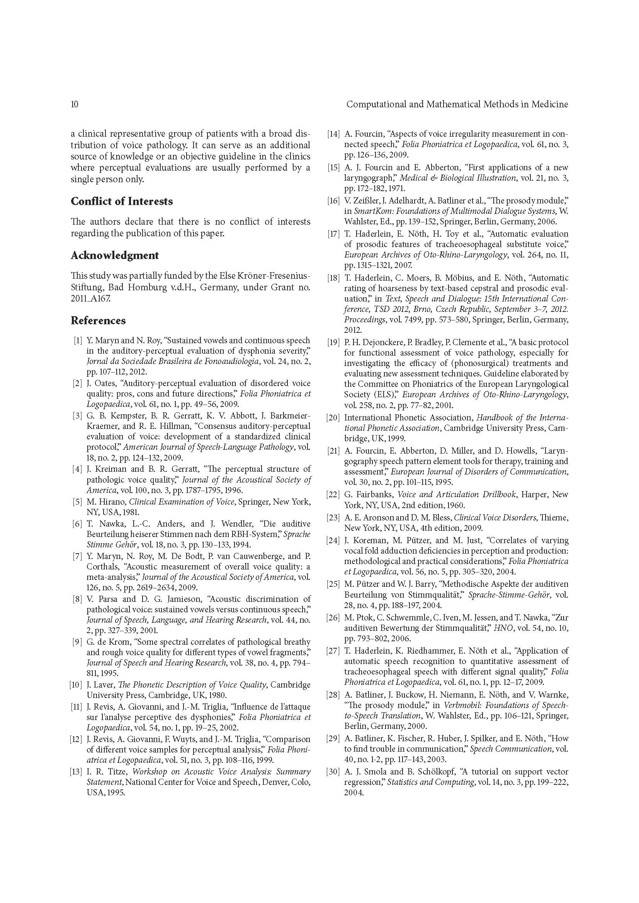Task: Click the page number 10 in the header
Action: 74,104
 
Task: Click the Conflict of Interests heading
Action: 122,202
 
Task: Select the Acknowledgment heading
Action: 114,256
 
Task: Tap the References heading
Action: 98,320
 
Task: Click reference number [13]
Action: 76,772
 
